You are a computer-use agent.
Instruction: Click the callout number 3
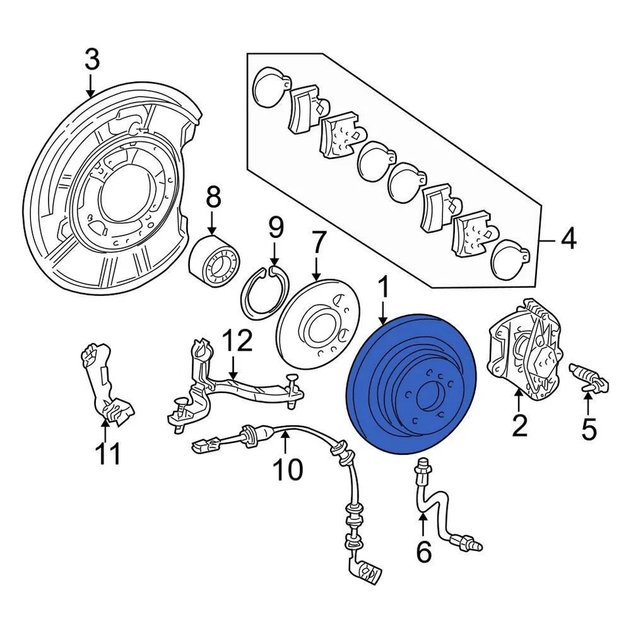click(92, 59)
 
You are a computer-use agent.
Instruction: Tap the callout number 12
click(236, 341)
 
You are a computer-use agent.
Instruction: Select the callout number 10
click(287, 469)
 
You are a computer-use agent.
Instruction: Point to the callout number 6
click(424, 552)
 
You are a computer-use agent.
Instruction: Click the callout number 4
click(568, 239)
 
